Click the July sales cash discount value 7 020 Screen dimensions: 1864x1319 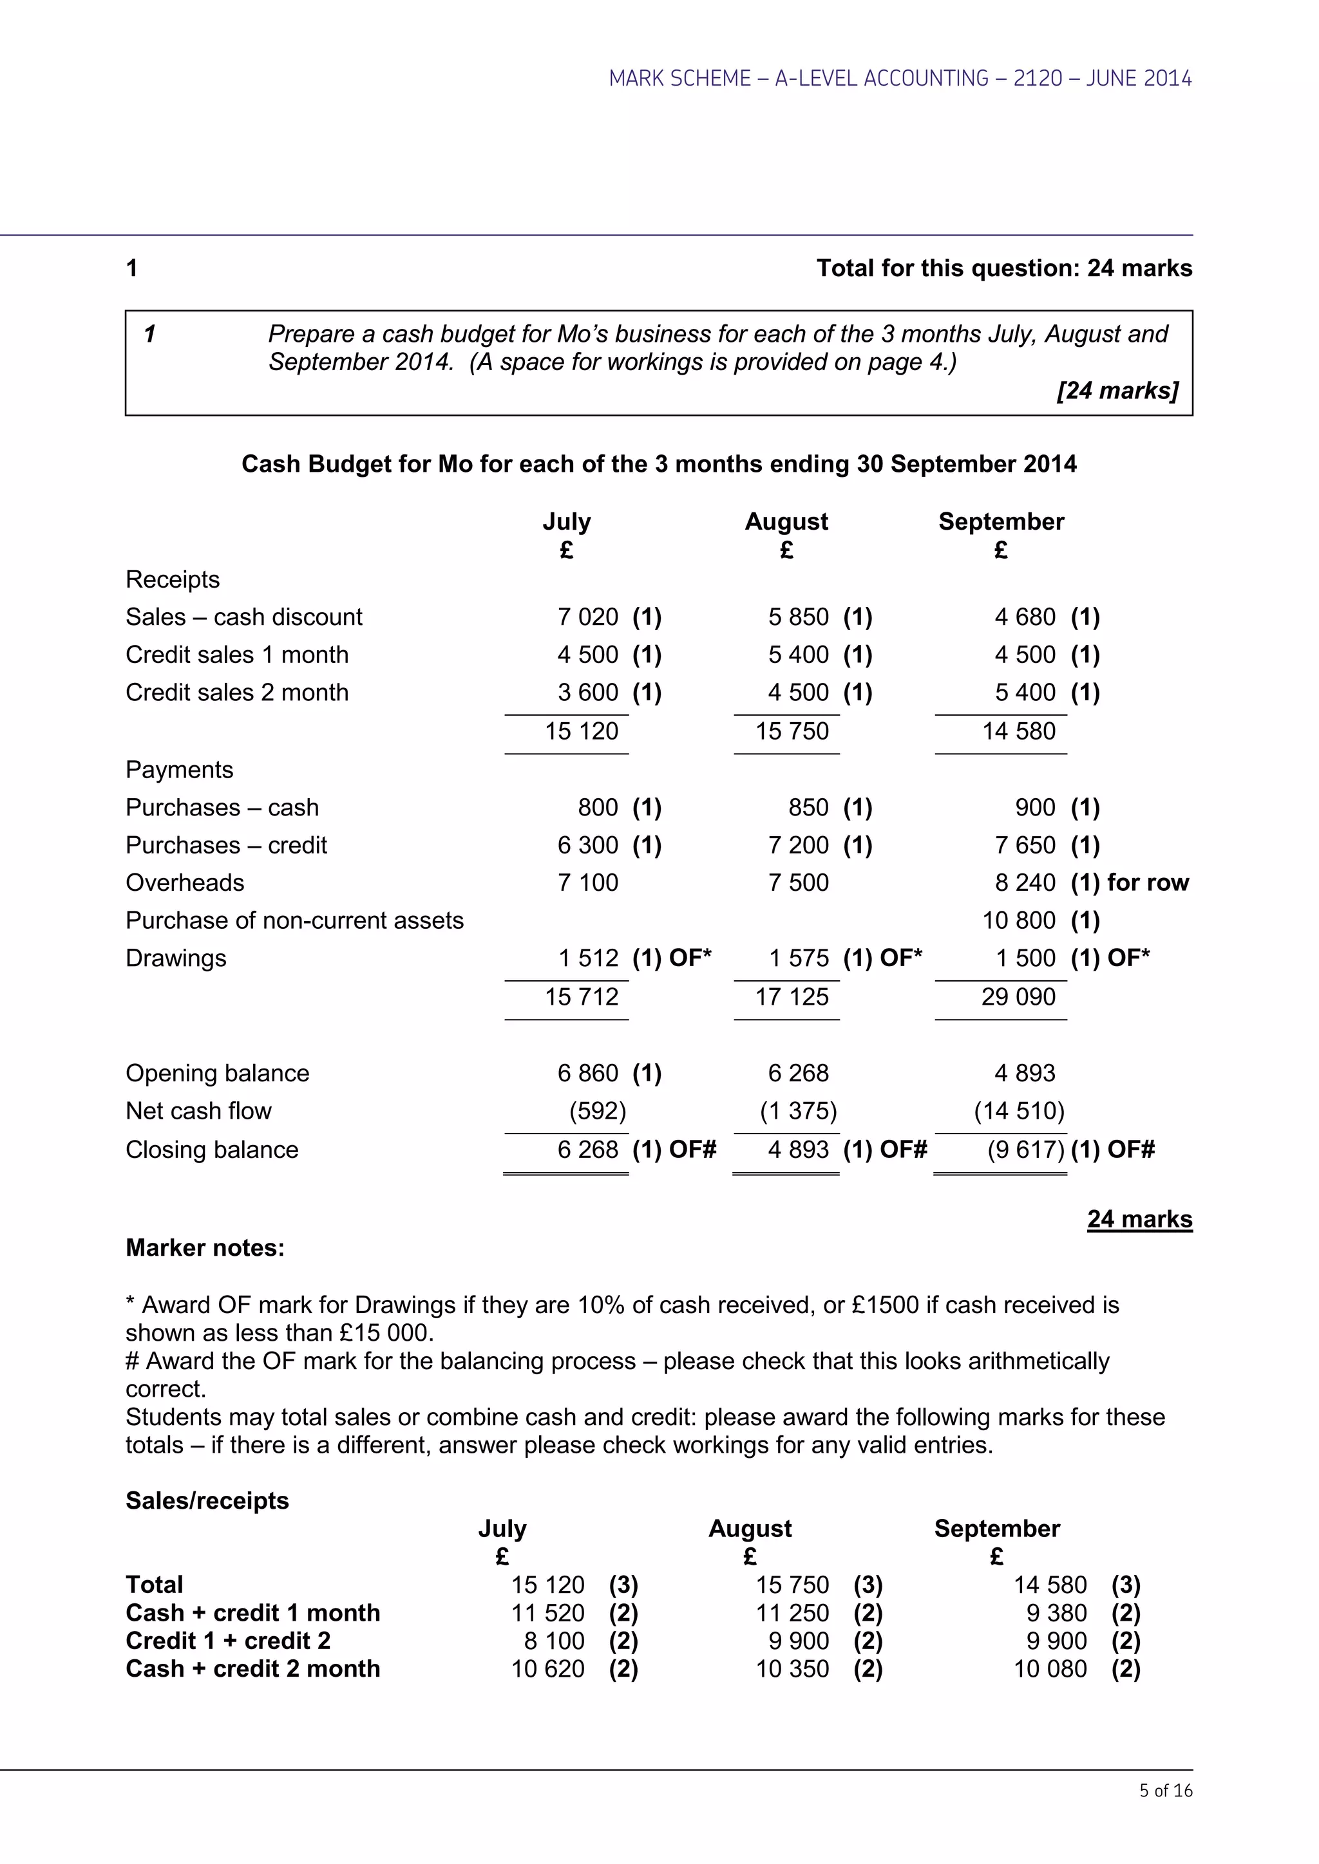click(587, 617)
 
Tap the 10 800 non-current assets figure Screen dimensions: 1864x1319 click(1018, 920)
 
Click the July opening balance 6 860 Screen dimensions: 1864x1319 click(587, 1073)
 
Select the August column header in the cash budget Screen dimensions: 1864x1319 click(786, 521)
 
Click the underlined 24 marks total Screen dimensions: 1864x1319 click(1139, 1220)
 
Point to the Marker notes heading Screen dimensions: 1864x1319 click(205, 1248)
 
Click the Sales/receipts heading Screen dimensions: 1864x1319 click(207, 1500)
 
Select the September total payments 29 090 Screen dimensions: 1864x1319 click(1018, 997)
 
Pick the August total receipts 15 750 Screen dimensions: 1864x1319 click(792, 731)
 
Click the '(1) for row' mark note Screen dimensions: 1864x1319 click(1129, 882)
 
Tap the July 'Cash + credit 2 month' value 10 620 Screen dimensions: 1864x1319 click(547, 1669)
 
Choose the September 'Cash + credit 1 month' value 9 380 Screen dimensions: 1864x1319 click(1056, 1613)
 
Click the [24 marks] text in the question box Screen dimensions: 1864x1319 click(1117, 391)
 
